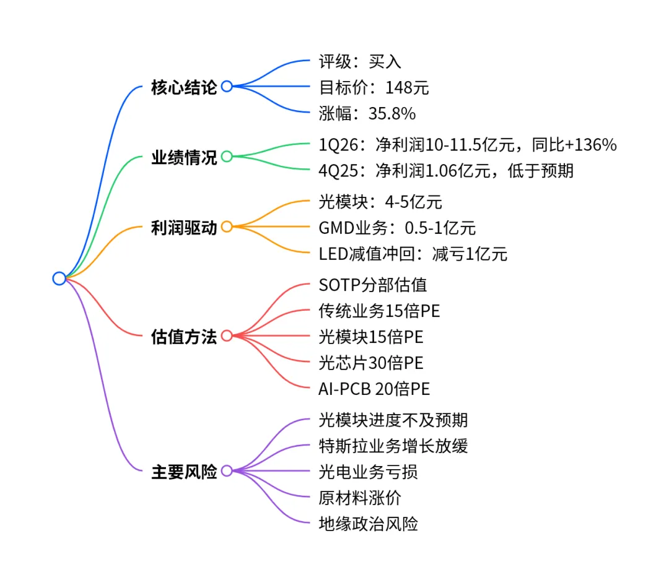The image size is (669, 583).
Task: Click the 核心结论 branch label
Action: [184, 87]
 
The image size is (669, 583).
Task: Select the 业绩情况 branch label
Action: [184, 157]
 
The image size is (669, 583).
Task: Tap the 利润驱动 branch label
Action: [184, 227]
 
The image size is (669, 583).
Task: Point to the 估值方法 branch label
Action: [184, 337]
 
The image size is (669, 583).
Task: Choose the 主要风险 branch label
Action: [184, 472]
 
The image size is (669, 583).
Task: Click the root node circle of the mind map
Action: [59, 279]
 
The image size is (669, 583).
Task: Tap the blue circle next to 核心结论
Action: [227, 87]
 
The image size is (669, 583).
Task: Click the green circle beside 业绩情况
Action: [227, 157]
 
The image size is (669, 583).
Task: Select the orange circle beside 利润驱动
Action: [227, 227]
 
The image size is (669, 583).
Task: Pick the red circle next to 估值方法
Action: [227, 336]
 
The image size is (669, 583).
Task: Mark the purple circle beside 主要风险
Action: [227, 471]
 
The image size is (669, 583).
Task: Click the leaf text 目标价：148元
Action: [374, 87]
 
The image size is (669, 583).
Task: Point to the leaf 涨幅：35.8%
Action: [367, 114]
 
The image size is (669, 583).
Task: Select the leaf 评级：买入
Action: [360, 61]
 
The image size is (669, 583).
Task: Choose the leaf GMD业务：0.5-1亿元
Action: [397, 227]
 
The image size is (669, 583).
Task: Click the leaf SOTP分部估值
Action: [373, 285]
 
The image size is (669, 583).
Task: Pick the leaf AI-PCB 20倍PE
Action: [374, 389]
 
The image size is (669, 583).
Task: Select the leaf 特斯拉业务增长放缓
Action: [393, 446]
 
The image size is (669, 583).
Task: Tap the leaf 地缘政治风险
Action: [368, 524]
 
